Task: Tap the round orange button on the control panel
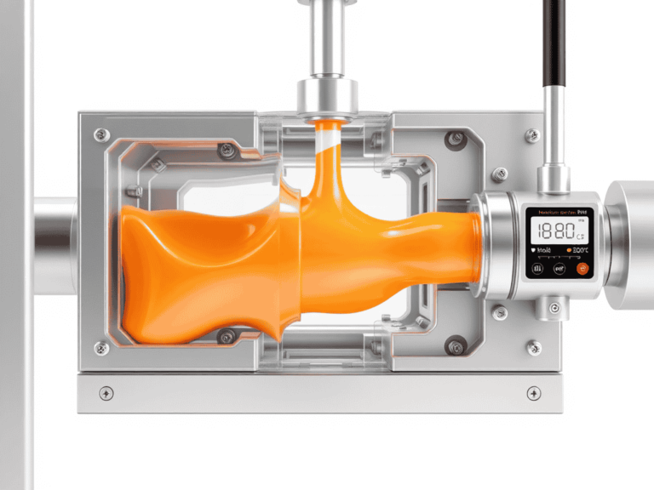(582, 269)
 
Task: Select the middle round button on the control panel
(559, 269)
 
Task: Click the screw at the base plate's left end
(106, 393)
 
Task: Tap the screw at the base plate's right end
(534, 393)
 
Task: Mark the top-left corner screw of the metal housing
(101, 134)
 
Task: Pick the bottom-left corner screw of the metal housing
(101, 347)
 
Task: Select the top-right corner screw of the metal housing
(532, 134)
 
